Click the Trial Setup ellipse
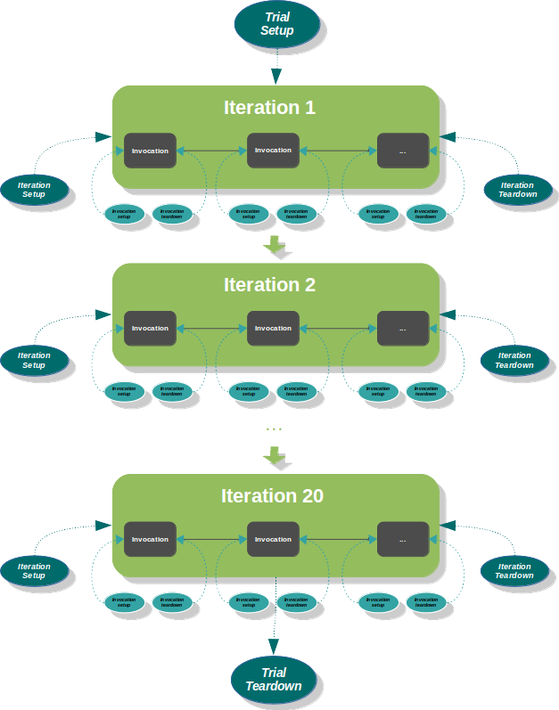coord(276,24)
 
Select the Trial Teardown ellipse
coord(273,680)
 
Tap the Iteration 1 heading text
coord(269,108)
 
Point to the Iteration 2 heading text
coord(269,285)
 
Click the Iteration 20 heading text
coord(272,496)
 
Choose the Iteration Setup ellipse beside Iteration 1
coord(34,190)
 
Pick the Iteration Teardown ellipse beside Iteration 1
coord(517,190)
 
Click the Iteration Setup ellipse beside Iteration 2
coord(34,360)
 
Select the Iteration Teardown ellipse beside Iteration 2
coord(514,360)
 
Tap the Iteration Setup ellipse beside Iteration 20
coord(34,571)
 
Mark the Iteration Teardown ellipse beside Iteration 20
coord(514,571)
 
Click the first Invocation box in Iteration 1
coord(150,151)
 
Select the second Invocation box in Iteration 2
coord(273,328)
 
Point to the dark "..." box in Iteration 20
coord(402,539)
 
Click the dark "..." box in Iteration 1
coord(402,151)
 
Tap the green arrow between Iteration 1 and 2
coord(275,245)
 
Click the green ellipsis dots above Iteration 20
coord(275,429)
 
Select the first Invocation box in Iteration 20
coord(150,539)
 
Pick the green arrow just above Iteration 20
coord(275,456)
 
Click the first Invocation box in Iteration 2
coord(150,328)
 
